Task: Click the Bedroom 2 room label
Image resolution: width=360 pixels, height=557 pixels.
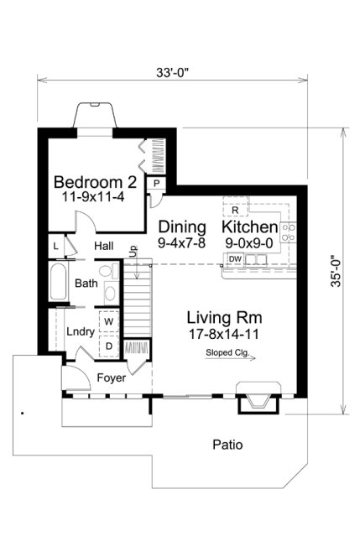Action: coord(89,183)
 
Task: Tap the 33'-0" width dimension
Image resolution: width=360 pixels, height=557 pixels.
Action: coord(172,72)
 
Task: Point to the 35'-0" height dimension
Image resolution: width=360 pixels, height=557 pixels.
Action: coord(336,271)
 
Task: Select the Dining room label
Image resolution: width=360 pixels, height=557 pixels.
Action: coord(182,227)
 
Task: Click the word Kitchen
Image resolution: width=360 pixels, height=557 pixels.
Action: coord(249,227)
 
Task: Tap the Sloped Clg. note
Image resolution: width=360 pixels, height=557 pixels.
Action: coord(226,353)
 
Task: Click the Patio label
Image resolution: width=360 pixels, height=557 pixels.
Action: coord(227,445)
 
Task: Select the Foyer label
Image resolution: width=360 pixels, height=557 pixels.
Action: coord(111,378)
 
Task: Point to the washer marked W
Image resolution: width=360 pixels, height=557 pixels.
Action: coord(109,320)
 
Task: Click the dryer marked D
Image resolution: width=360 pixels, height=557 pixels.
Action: coord(109,345)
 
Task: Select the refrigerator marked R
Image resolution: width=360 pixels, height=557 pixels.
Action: coord(236,210)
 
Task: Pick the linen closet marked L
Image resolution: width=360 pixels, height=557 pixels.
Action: coord(55,246)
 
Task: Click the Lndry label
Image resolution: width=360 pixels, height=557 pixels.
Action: coord(81,331)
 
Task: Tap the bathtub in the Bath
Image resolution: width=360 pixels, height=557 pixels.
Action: coord(59,284)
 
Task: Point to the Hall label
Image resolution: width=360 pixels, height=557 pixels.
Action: coord(103,246)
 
